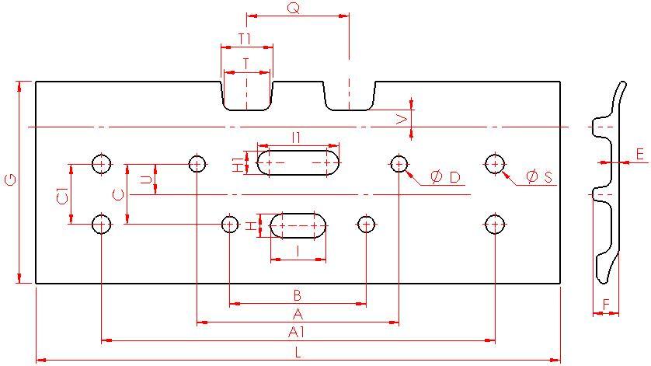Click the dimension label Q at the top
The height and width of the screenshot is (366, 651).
293,8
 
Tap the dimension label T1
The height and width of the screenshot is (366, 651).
245,38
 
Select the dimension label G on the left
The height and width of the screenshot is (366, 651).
10,181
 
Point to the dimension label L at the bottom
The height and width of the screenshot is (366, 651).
298,353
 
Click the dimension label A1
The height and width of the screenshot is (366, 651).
297,333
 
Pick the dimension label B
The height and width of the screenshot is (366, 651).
297,295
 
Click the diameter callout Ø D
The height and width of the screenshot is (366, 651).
445,178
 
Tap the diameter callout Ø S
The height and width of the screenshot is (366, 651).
538,178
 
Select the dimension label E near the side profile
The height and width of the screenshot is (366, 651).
640,155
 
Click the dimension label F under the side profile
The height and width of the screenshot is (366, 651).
606,304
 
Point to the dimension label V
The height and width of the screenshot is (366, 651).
401,118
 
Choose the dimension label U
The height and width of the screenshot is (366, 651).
144,180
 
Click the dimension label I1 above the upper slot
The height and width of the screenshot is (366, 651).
297,138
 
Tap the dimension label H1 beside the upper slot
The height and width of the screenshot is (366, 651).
238,163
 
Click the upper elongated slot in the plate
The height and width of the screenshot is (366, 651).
298,164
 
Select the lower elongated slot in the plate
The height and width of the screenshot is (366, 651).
298,225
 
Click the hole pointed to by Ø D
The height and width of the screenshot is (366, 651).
399,164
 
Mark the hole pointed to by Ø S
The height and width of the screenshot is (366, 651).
495,164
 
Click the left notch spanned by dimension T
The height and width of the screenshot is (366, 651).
247,95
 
